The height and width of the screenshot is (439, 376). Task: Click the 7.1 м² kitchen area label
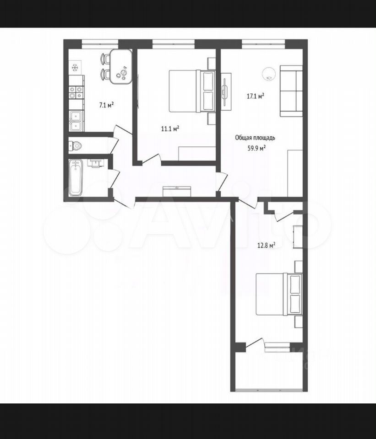point(106,105)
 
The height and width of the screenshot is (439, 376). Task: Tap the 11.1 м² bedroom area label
point(170,129)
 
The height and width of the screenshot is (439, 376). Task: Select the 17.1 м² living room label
point(256,96)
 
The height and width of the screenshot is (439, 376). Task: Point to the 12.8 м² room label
point(266,246)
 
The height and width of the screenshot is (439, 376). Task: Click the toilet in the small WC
point(75,145)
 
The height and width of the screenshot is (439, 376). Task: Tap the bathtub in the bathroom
point(76,177)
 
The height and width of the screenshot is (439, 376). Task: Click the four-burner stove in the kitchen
point(76,93)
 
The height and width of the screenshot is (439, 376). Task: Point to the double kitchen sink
point(76,121)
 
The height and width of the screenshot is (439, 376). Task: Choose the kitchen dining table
point(121,67)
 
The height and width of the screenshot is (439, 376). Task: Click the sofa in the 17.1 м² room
point(291,91)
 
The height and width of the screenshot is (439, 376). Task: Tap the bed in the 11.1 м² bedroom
point(192,91)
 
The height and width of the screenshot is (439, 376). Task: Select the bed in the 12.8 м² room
point(279,294)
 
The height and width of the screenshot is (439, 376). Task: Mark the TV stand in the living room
point(226,91)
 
